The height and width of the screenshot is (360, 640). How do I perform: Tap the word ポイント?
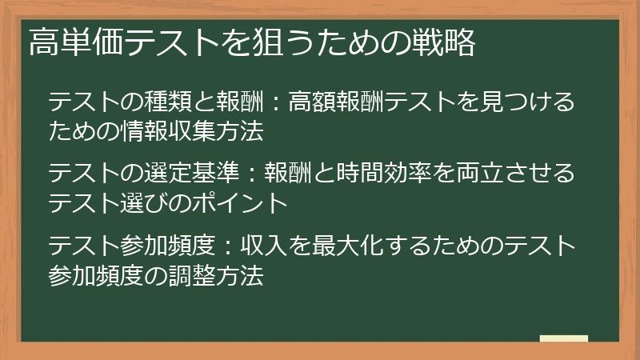pyautogui.click(x=250, y=202)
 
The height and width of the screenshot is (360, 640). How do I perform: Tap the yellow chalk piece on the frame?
pyautogui.click(x=564, y=339)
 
